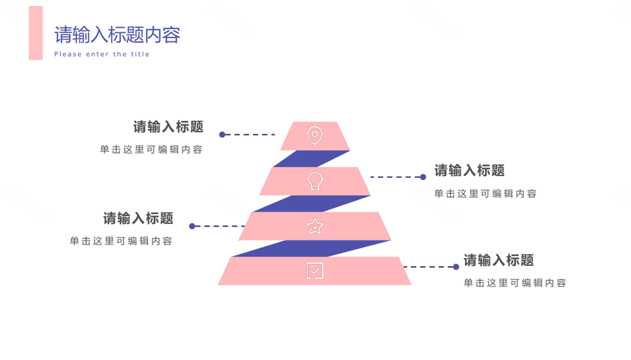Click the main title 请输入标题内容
[x=117, y=35]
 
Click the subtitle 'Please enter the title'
[x=102, y=55]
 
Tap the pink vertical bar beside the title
[x=35, y=33]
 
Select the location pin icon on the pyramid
[x=315, y=135]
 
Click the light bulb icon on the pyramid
[x=315, y=181]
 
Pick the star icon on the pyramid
[x=315, y=227]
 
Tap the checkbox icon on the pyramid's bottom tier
[x=315, y=271]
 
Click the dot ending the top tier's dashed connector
[x=222, y=135]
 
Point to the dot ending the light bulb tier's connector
[x=423, y=177]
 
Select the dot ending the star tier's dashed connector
[x=192, y=227]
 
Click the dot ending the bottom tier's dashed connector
[x=456, y=267]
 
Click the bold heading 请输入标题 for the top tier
[x=168, y=127]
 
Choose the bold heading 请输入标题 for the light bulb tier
[x=469, y=171]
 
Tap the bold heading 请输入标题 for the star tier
[x=138, y=218]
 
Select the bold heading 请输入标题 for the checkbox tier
[x=499, y=260]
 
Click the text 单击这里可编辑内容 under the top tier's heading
[x=151, y=150]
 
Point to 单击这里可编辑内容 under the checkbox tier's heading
[x=515, y=283]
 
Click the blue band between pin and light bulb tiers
[x=312, y=159]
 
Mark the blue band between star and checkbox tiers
[x=312, y=248]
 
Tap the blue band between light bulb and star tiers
[x=312, y=204]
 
